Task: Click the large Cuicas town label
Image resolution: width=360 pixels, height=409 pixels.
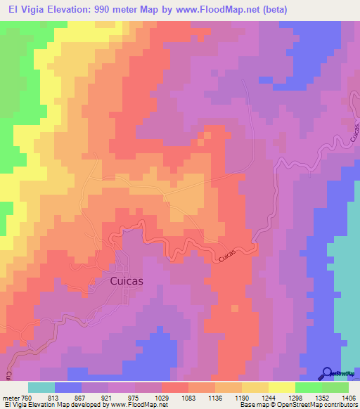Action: tap(127, 280)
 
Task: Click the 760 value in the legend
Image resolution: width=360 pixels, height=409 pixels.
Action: tap(26, 398)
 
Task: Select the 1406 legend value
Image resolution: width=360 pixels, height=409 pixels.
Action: tap(348, 398)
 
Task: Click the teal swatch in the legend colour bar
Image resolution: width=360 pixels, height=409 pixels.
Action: tap(41, 387)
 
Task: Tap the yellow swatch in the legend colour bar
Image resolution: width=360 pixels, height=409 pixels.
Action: tap(281, 387)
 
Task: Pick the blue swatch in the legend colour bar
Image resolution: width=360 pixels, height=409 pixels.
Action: tap(68, 387)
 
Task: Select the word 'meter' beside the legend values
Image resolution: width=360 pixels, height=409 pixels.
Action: tap(11, 398)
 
